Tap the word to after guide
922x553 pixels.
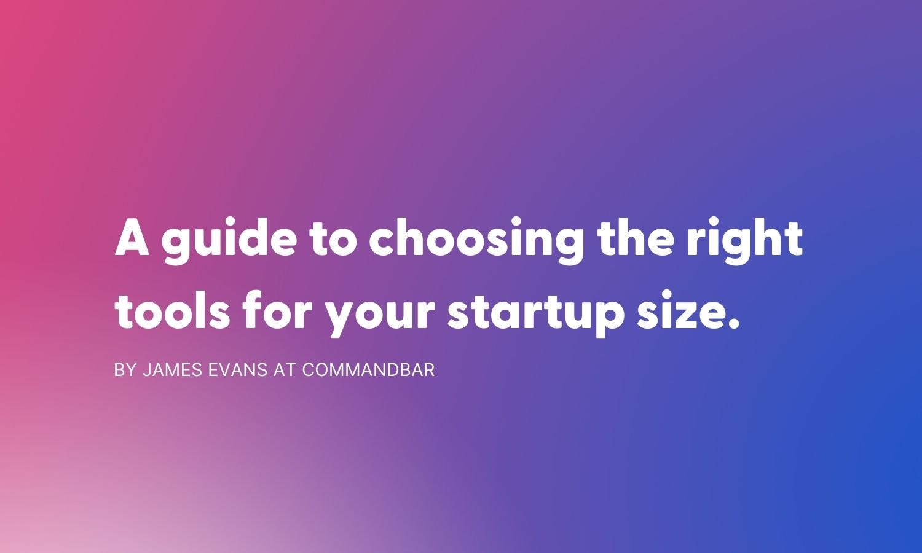coord(332,239)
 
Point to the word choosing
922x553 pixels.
coord(475,241)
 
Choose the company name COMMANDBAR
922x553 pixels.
coord(368,370)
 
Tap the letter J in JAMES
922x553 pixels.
coord(146,370)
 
